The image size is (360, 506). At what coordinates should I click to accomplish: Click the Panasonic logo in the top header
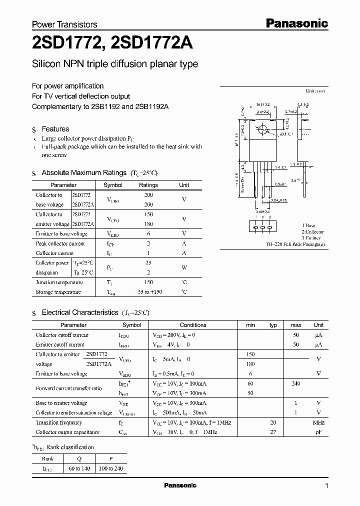point(296,23)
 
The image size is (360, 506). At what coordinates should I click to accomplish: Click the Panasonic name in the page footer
point(180,485)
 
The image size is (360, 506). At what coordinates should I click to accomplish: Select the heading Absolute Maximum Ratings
point(84,172)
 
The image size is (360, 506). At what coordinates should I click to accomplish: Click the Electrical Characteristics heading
point(80,312)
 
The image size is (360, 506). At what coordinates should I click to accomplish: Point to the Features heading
point(55,129)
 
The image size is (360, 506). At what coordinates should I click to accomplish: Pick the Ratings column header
point(148,185)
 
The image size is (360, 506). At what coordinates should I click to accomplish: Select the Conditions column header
point(193,325)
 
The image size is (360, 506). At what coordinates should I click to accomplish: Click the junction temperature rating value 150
point(148,282)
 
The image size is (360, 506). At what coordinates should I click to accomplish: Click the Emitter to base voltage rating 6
point(148,233)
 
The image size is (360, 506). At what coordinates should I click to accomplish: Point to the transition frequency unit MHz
point(318,422)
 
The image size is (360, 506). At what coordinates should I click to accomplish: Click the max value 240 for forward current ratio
point(295,383)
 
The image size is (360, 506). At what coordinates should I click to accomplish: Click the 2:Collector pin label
point(312,232)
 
